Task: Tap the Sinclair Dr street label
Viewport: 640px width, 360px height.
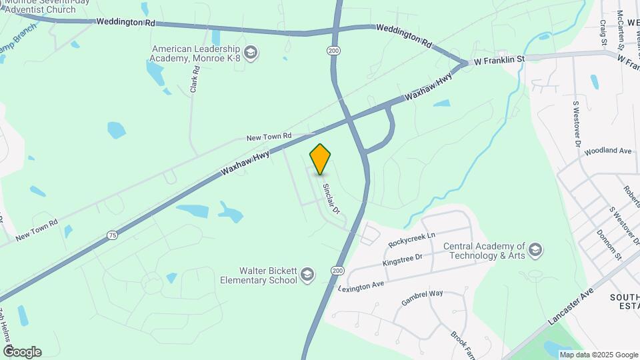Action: [x=331, y=199]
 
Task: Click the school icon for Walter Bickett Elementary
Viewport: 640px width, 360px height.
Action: [x=307, y=275]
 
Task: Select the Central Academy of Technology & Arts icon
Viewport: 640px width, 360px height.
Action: [x=535, y=251]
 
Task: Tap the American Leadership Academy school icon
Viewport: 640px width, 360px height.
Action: [x=251, y=53]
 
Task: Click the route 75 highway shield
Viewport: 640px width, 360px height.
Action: [x=111, y=235]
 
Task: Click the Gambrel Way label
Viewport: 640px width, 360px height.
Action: [x=422, y=297]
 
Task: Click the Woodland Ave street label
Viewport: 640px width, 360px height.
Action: [x=607, y=151]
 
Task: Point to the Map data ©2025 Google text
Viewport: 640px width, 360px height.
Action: [x=597, y=355]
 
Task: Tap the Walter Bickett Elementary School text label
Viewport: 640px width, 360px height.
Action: [x=268, y=275]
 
